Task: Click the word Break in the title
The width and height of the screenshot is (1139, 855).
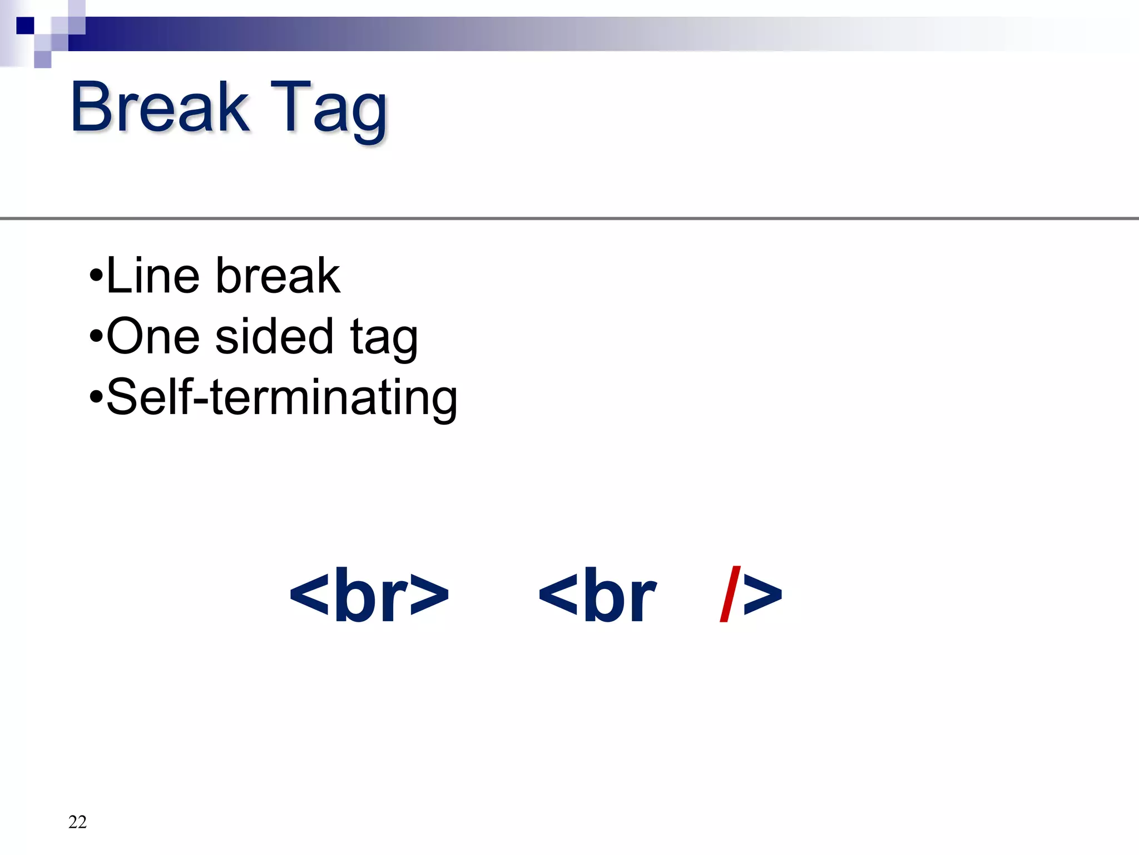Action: (160, 107)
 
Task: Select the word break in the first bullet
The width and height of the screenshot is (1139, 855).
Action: (278, 276)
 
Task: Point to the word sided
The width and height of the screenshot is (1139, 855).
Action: (274, 337)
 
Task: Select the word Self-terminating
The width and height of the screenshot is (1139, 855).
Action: (281, 397)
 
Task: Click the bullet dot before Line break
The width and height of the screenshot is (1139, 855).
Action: (96, 276)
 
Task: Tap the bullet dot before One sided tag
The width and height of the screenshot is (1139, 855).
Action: (96, 336)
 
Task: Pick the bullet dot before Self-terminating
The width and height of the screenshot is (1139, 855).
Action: (96, 397)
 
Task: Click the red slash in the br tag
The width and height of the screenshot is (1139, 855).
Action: (730, 594)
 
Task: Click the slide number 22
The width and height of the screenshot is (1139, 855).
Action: (77, 822)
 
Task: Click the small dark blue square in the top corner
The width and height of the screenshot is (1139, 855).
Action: (25, 25)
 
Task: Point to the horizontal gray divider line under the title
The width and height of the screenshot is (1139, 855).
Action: (569, 219)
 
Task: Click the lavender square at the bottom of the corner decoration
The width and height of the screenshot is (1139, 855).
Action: (43, 60)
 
